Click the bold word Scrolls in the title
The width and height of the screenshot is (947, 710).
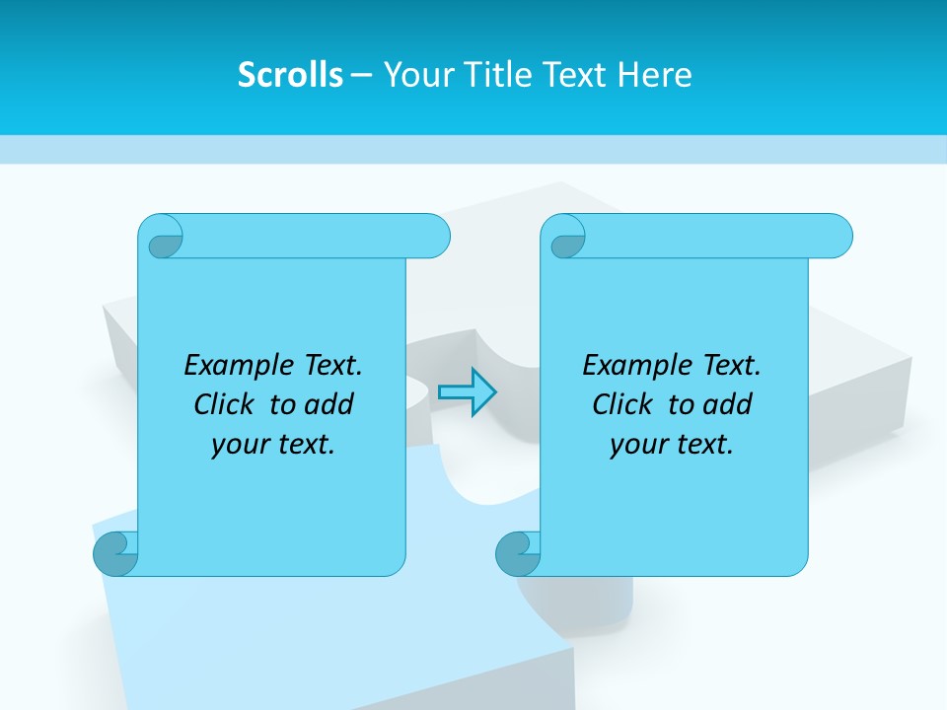[x=290, y=75]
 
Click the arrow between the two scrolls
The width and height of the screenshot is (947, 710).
[x=467, y=391]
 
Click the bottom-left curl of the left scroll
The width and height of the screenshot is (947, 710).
[x=115, y=553]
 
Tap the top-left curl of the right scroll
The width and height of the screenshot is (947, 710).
[x=566, y=238]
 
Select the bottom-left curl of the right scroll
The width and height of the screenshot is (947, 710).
[x=518, y=553]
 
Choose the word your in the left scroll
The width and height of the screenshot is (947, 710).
[x=237, y=445]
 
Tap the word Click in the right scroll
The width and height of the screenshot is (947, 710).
[x=621, y=404]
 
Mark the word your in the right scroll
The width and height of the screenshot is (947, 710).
[x=635, y=445]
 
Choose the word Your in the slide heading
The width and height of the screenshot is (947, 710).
[x=412, y=75]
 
